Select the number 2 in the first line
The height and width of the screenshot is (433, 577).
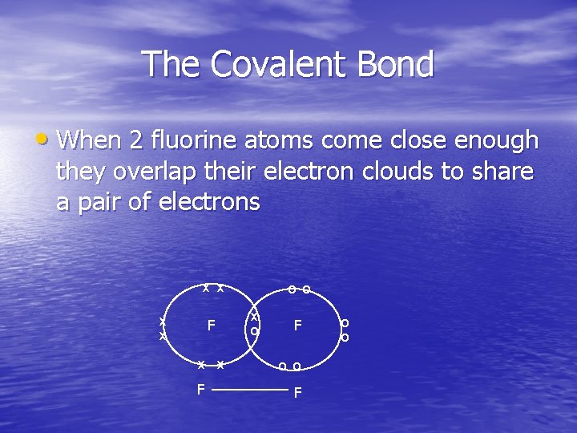(x=136, y=140)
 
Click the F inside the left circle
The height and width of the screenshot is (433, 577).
(x=212, y=326)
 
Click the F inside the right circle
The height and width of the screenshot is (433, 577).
(x=297, y=326)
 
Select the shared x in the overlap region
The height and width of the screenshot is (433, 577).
(x=254, y=317)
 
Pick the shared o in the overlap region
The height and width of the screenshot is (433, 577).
(x=254, y=330)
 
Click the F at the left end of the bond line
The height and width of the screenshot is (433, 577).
(x=201, y=390)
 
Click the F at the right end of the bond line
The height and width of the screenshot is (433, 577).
(x=297, y=393)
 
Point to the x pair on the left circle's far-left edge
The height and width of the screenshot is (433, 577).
(x=163, y=329)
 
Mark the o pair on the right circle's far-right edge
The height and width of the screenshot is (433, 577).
(x=345, y=330)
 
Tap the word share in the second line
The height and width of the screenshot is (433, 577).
(x=503, y=171)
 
